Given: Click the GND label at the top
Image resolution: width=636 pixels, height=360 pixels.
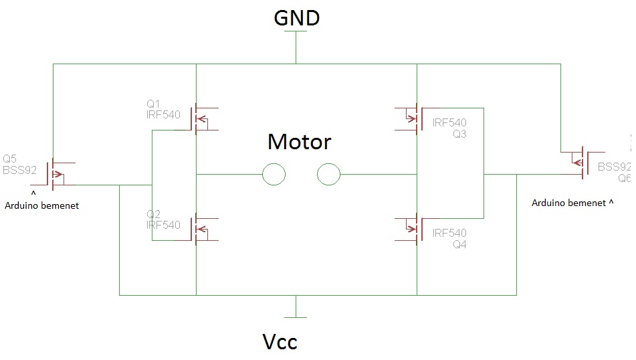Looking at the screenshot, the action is click(296, 18).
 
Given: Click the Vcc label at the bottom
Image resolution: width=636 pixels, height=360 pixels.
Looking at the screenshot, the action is click(280, 342).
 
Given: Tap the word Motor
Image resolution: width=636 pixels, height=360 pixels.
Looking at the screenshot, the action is click(300, 142).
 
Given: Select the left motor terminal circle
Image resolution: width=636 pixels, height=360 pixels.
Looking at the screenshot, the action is click(274, 174).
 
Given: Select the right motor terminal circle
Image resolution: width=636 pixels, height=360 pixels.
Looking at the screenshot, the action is click(328, 174).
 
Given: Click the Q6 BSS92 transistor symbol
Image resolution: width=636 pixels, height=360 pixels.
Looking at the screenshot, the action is click(583, 163).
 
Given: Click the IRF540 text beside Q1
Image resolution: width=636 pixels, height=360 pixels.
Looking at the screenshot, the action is click(163, 115).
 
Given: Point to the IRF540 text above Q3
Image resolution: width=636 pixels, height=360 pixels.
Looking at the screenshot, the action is click(449, 122).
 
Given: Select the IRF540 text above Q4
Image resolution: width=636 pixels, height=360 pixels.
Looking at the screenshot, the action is click(449, 233).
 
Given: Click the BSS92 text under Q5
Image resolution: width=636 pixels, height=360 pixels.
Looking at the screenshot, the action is click(19, 170).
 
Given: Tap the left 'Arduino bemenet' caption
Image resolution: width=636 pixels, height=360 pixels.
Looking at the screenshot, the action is click(41, 206).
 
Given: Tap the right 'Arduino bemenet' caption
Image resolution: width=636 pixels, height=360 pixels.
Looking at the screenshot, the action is click(568, 203).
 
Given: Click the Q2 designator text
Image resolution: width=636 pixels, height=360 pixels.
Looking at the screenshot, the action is click(153, 214).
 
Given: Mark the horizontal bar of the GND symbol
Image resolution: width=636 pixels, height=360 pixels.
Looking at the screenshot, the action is click(296, 31).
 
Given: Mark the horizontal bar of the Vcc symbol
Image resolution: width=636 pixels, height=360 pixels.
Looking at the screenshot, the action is click(296, 317).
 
